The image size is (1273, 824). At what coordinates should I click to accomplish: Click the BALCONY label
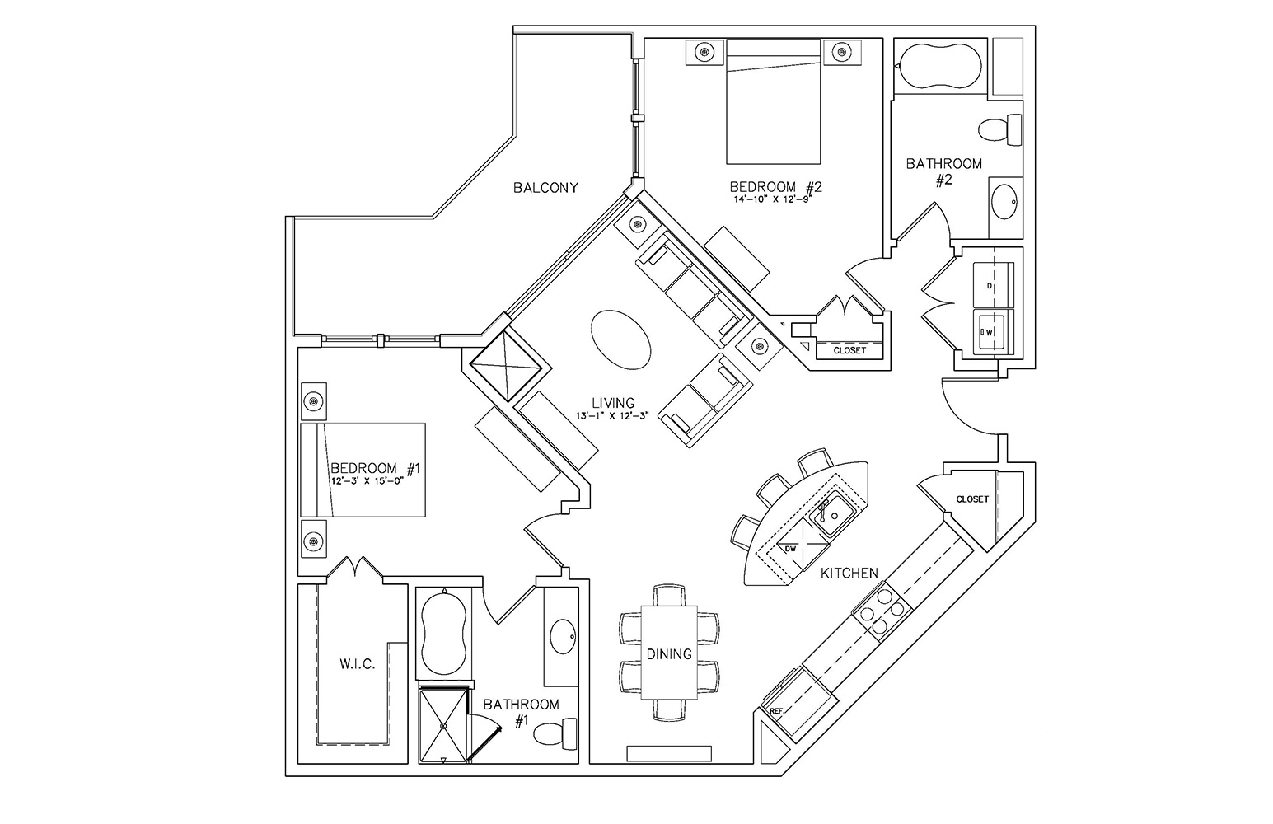pos(545,188)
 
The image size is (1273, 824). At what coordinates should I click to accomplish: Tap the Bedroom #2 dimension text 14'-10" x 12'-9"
pos(772,199)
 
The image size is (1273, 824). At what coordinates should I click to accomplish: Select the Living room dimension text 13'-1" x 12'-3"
pos(612,415)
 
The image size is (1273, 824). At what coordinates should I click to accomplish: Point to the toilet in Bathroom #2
pos(1000,129)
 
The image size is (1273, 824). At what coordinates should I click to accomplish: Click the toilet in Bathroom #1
pos(555,734)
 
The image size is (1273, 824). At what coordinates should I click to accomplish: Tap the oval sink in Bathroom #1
pos(563,636)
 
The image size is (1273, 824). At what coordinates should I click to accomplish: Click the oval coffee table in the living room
pos(620,339)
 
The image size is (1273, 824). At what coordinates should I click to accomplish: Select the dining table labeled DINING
pos(670,653)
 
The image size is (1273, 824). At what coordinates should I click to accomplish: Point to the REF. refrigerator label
pos(775,711)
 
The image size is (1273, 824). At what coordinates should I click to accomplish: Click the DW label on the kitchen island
pos(790,549)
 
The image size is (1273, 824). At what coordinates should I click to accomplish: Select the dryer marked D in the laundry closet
pos(994,285)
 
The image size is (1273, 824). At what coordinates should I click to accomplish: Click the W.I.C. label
pos(358,664)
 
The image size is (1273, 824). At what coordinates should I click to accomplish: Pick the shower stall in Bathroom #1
pos(443,725)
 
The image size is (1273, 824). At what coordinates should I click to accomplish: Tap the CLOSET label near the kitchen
pos(972,499)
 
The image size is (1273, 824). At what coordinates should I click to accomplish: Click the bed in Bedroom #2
pos(773,101)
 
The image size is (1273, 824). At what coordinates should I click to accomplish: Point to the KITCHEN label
pos(849,574)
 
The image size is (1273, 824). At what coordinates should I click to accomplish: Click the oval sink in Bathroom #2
pos(1004,202)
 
